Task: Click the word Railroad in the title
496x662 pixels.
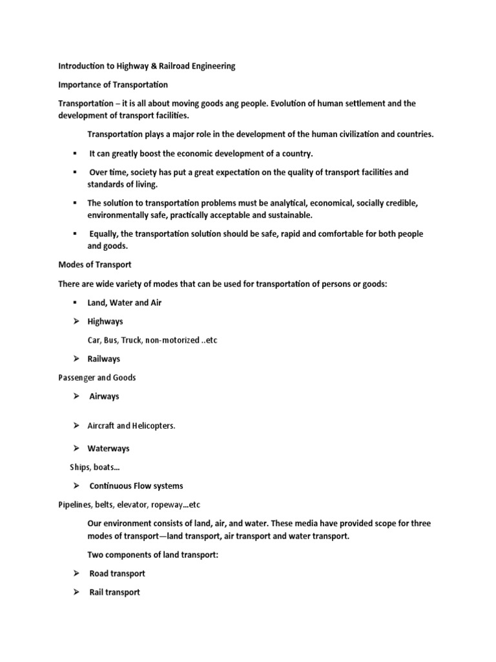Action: tap(164, 66)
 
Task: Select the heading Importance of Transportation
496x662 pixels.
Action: tap(113, 85)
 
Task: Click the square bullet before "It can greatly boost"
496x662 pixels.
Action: tap(75, 153)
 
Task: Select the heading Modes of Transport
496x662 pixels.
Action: tap(96, 265)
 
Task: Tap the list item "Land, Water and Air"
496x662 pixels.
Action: tap(125, 303)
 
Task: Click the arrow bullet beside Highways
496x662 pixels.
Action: tap(76, 321)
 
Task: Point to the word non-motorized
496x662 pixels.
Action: tap(170, 340)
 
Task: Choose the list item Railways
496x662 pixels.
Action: tap(104, 359)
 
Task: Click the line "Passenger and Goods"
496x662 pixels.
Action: tap(97, 378)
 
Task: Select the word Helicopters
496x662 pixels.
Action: tap(154, 426)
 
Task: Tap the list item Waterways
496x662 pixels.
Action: tap(108, 448)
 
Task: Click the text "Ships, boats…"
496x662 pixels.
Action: tap(95, 467)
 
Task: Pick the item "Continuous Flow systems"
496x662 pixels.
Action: tap(136, 486)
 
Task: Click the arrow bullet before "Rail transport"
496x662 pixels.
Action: tap(76, 592)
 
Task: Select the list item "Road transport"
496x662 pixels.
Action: tap(117, 573)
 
